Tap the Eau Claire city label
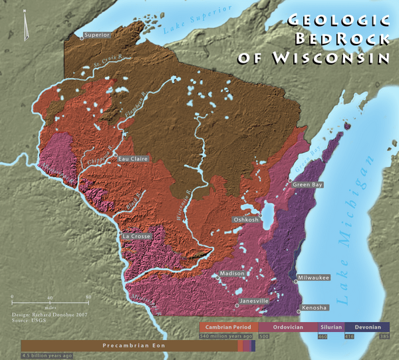(132, 159)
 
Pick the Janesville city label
(254, 301)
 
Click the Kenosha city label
(315, 307)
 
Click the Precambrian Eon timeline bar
(130, 346)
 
